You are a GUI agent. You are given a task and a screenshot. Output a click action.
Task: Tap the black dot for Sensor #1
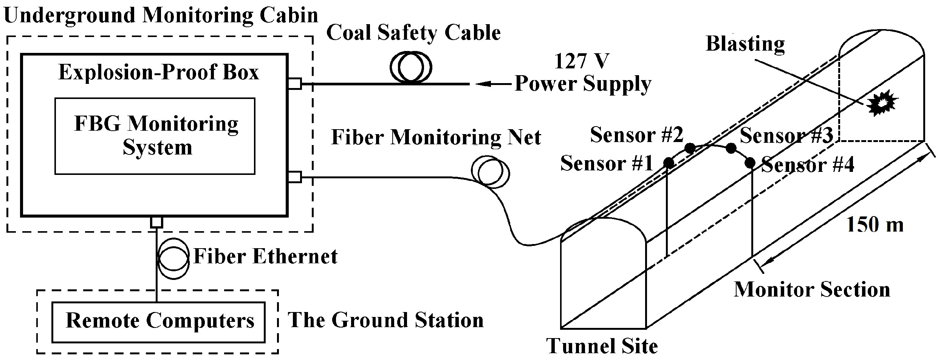click(669, 163)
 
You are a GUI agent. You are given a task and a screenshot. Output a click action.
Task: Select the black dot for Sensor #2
click(690, 148)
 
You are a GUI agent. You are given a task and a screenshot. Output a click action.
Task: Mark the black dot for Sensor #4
click(750, 163)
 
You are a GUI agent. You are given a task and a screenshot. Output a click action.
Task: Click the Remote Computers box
click(159, 322)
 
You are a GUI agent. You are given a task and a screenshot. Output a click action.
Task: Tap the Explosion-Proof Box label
click(159, 72)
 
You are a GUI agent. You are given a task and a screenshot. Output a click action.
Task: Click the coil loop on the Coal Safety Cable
click(410, 68)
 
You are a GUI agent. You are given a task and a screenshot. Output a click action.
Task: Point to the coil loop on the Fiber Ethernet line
click(173, 258)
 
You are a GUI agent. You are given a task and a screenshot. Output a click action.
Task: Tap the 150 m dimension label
click(875, 225)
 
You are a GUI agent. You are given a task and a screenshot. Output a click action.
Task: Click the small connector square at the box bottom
click(156, 222)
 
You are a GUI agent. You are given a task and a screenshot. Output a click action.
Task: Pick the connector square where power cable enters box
click(295, 83)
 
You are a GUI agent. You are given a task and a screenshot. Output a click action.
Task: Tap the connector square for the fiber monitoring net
click(295, 177)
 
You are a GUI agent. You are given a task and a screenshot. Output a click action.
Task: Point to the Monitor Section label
click(812, 290)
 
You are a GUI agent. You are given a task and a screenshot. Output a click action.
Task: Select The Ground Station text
click(385, 320)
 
